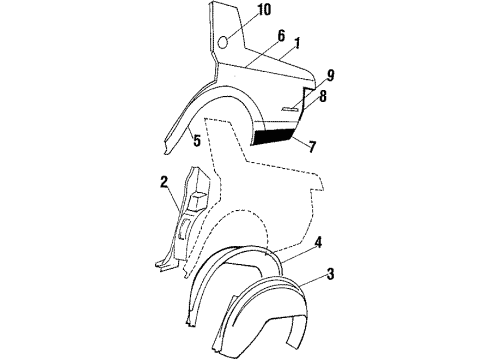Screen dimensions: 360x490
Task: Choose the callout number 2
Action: point(164,182)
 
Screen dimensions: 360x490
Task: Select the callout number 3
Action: point(329,273)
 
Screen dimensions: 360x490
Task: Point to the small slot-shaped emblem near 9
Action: point(290,108)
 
